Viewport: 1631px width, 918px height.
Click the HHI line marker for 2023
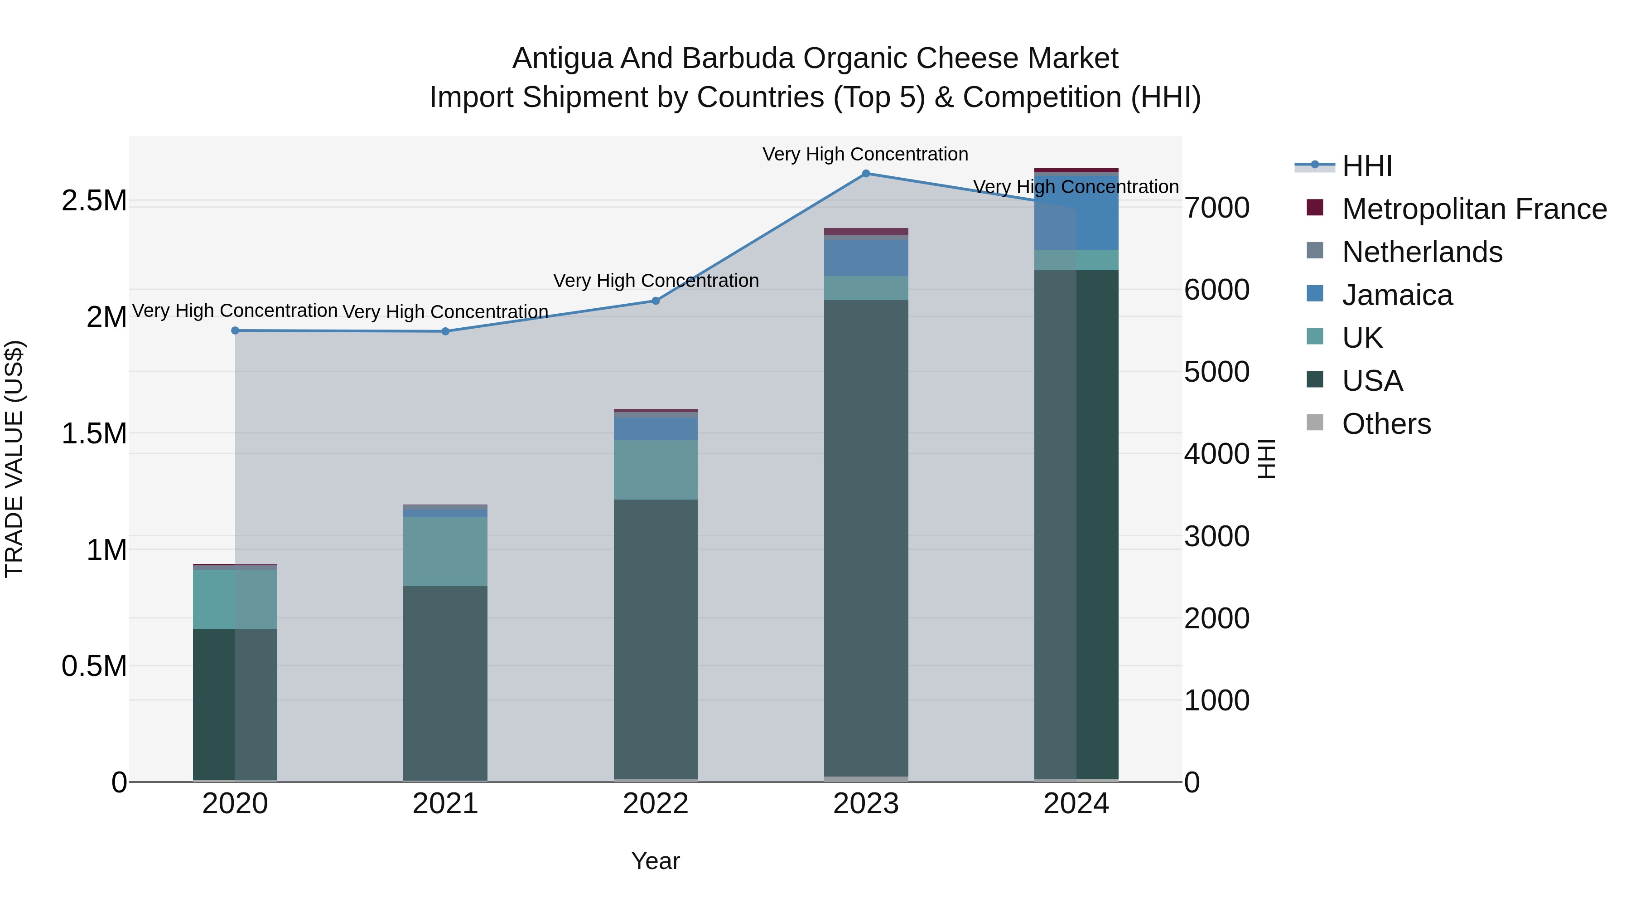[865, 173]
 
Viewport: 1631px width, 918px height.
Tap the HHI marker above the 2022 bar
[655, 301]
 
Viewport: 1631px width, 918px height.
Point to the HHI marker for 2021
[445, 331]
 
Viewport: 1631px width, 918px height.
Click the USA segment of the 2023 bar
[865, 539]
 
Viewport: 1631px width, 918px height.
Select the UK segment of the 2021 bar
[445, 551]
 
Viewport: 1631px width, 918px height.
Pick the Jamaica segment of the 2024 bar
[1076, 212]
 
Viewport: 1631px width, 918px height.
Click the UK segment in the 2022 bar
[655, 470]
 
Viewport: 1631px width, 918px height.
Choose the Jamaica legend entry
[1396, 295]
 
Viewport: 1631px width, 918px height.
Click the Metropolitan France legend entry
[1473, 209]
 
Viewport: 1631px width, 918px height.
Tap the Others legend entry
[1385, 424]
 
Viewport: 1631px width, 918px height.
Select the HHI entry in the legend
[1366, 166]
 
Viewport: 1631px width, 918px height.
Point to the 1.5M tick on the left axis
[94, 434]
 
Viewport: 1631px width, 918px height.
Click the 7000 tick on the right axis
[1216, 208]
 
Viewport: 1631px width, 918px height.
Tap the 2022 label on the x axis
[655, 804]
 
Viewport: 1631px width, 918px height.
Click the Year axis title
[655, 861]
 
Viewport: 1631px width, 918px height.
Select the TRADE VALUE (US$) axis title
[14, 459]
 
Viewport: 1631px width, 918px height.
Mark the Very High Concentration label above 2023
[865, 154]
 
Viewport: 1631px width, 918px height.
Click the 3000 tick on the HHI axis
[1216, 537]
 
